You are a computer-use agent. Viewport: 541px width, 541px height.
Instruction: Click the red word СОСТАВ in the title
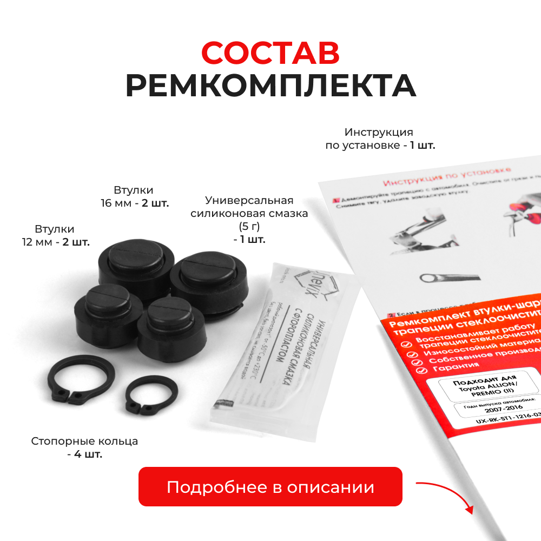[270, 52]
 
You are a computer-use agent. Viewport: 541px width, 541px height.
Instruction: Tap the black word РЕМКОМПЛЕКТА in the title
[270, 85]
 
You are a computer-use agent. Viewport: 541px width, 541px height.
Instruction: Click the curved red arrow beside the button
[446, 495]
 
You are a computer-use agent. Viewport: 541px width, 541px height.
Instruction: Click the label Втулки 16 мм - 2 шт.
[134, 197]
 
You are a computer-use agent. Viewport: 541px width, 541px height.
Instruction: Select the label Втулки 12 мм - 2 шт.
[55, 235]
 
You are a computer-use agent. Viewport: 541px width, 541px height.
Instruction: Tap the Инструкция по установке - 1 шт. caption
[380, 139]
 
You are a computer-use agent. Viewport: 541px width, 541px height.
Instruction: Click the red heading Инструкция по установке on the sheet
[446, 175]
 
